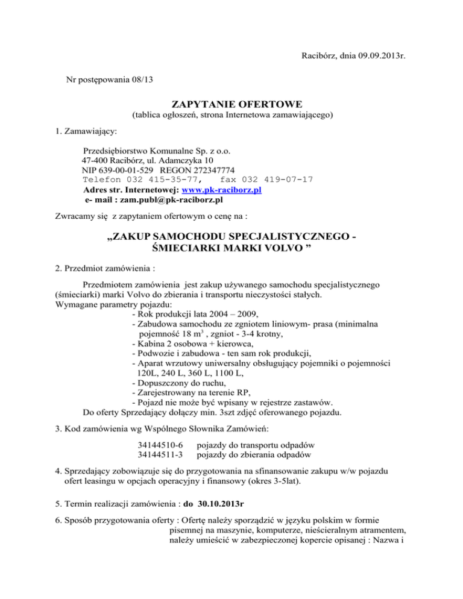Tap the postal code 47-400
[x=95, y=161]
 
